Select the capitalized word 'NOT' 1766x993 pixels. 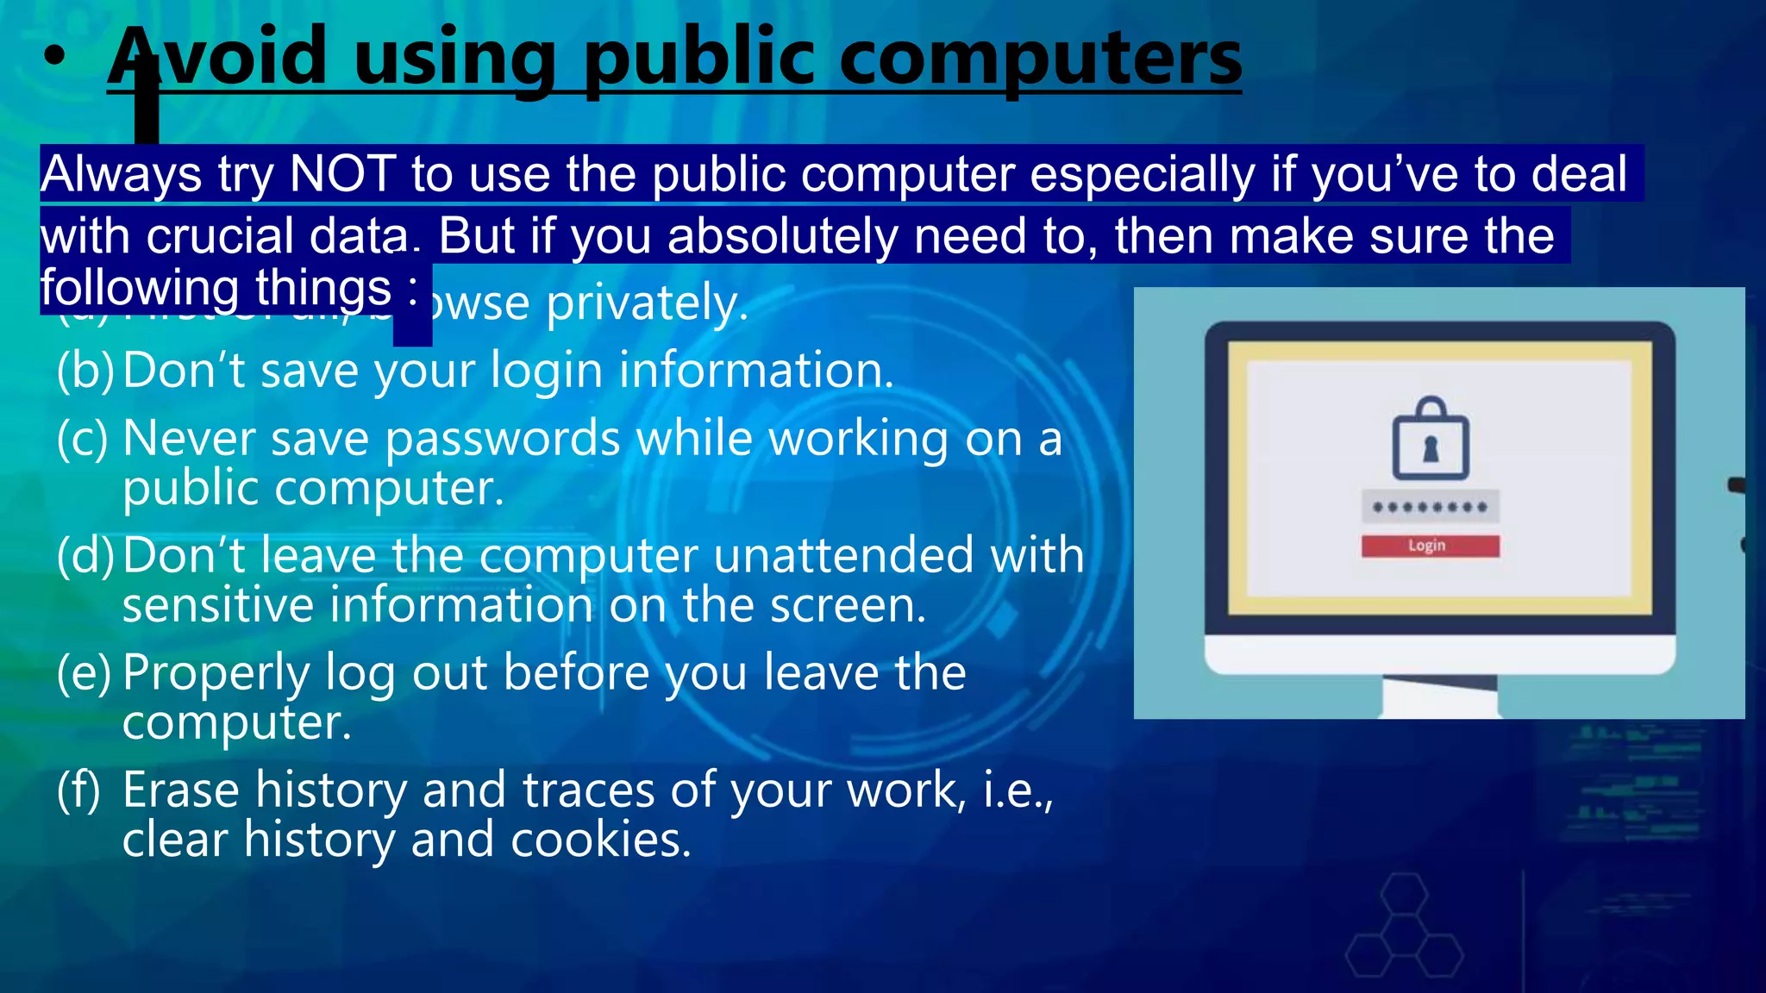point(342,174)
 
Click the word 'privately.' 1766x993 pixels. point(647,303)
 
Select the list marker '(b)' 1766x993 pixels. point(85,371)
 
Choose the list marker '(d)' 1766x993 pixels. point(85,556)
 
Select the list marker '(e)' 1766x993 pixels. point(85,673)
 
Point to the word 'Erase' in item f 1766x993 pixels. point(180,790)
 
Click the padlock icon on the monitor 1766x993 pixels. point(1430,439)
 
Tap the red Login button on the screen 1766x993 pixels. point(1430,546)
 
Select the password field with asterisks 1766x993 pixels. point(1430,507)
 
